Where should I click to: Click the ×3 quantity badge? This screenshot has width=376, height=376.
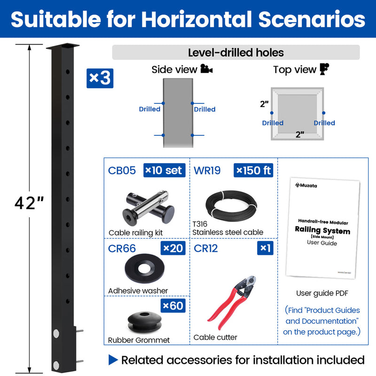point(100,78)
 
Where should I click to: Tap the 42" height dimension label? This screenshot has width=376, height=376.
point(29,203)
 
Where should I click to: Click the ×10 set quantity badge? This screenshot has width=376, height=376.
point(164,170)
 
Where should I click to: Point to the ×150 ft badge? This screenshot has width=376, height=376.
point(253,170)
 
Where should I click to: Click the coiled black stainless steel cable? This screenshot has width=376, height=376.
point(232,205)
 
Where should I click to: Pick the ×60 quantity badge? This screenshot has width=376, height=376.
point(173,306)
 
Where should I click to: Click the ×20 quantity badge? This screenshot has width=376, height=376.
point(173,248)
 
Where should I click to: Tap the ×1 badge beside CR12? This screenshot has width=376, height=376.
point(265,248)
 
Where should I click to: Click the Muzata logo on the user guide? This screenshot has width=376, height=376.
point(306,186)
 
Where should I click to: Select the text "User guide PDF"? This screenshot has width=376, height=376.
point(321,293)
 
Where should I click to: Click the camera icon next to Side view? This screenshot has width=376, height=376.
point(206,69)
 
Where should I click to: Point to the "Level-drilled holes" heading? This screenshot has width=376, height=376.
point(235,53)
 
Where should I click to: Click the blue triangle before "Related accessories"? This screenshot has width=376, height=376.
point(113,360)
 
